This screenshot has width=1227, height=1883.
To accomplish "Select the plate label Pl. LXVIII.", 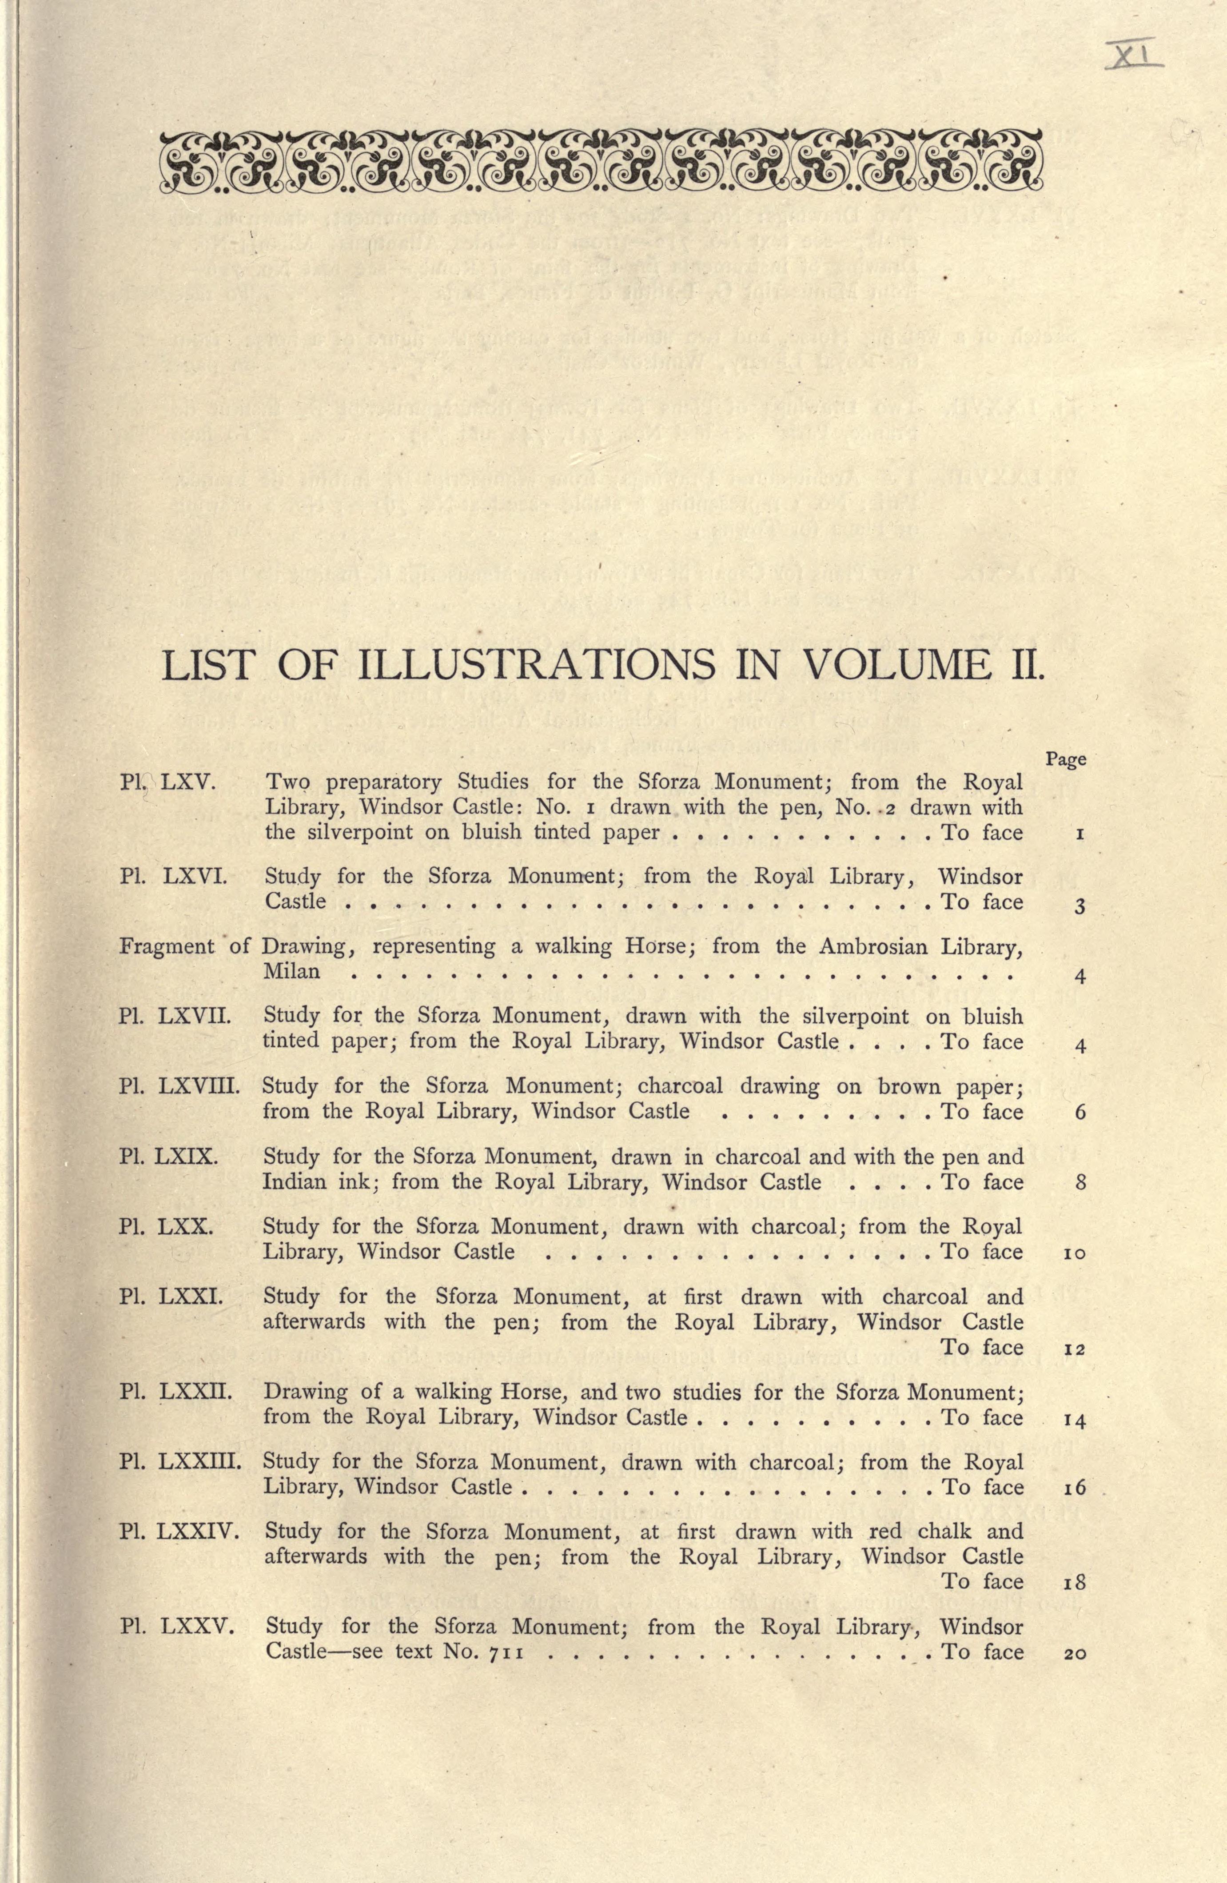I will (179, 1086).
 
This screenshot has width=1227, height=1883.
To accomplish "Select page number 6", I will (1080, 1113).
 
